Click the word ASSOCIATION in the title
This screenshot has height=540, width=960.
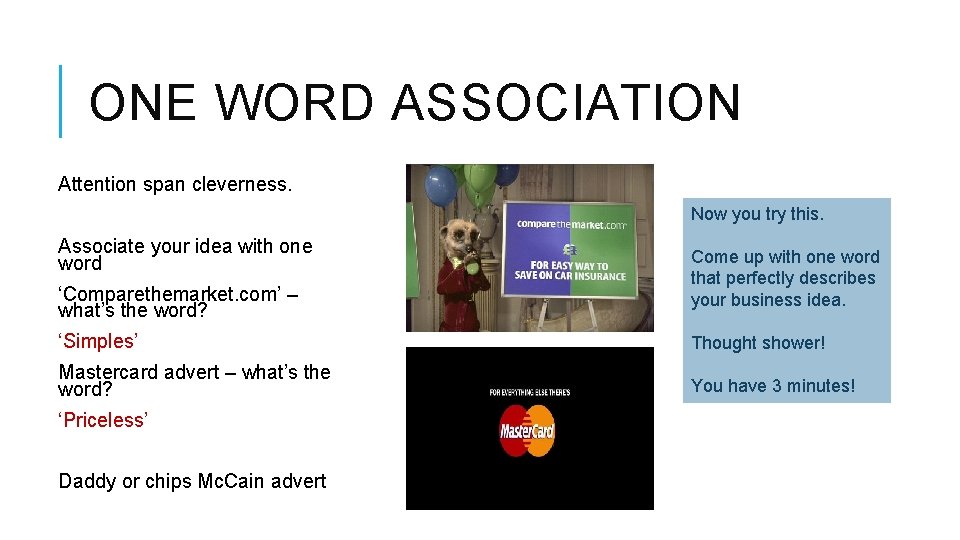[566, 103]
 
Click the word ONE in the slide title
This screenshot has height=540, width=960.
[143, 103]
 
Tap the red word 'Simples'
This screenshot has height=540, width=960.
[96, 341]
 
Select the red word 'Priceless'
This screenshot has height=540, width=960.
[102, 420]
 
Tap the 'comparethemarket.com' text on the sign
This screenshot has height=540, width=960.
[571, 225]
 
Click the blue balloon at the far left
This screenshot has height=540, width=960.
[440, 186]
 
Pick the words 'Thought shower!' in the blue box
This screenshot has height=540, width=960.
[758, 343]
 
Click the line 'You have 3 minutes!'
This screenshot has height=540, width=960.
[773, 386]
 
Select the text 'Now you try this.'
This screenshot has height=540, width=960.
[757, 214]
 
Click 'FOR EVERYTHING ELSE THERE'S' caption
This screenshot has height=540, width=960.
[529, 392]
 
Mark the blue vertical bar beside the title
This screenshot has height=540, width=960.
[61, 101]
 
